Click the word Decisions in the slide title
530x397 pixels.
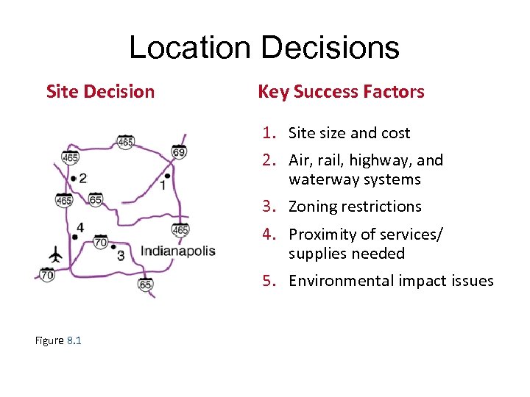click(330, 48)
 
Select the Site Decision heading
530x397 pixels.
click(100, 92)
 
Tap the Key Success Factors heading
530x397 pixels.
click(341, 92)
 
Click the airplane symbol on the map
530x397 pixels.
click(55, 255)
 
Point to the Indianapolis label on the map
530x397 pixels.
click(178, 251)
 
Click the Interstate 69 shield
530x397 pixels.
click(178, 152)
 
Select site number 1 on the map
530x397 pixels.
click(163, 185)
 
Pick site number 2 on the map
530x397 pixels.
click(82, 178)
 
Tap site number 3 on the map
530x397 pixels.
click(121, 255)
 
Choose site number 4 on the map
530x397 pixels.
click(79, 228)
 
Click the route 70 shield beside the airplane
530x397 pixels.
click(47, 275)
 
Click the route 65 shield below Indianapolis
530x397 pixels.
click(146, 284)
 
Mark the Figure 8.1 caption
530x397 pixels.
click(58, 340)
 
